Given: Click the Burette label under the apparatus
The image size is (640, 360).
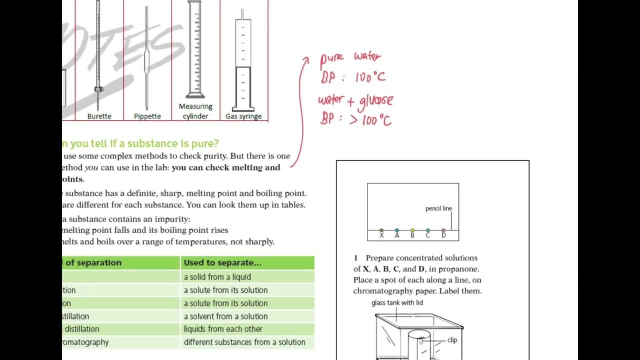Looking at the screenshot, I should pyautogui.click(x=99, y=116).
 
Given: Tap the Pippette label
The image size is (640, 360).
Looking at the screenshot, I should pyautogui.click(x=147, y=116).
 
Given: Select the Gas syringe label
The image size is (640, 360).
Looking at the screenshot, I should pyautogui.click(x=243, y=116).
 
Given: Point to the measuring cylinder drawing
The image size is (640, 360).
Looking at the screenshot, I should pyautogui.click(x=195, y=50).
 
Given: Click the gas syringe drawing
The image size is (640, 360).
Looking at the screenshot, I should pyautogui.click(x=243, y=62).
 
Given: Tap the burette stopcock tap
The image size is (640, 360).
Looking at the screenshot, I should pyautogui.click(x=98, y=89).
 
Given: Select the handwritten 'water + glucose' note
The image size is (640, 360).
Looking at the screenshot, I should pyautogui.click(x=355, y=100).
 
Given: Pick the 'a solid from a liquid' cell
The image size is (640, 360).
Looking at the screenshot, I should pyautogui.click(x=217, y=277).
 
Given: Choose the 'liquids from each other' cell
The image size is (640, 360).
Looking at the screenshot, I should pyautogui.click(x=222, y=329).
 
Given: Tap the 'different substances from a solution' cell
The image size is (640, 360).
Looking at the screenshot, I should pyautogui.click(x=244, y=342).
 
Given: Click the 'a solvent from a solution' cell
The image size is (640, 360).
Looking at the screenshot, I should pyautogui.click(x=225, y=316).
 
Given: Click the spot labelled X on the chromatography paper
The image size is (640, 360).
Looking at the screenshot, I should pyautogui.click(x=381, y=230).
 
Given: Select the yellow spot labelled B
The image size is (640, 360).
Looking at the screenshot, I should pyautogui.click(x=412, y=230).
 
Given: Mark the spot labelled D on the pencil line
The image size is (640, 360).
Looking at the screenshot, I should pyautogui.click(x=443, y=230).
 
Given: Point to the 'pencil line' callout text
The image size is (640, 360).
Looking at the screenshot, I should pyautogui.click(x=438, y=208).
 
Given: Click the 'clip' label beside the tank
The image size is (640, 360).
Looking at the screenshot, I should pyautogui.click(x=452, y=340).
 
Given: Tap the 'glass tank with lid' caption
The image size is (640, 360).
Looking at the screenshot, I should pyautogui.click(x=397, y=303).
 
